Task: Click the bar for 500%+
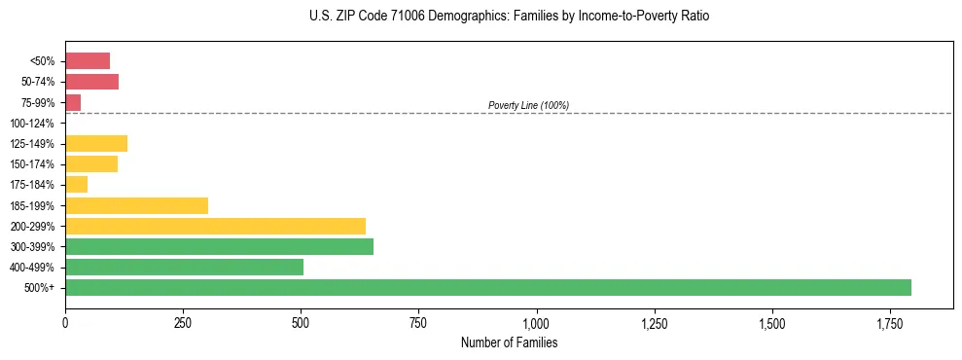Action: tap(487, 288)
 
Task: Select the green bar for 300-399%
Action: tap(219, 247)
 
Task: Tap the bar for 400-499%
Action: tap(184, 268)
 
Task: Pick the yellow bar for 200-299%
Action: tap(215, 227)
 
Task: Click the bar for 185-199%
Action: tap(136, 206)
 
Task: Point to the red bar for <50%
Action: tap(88, 61)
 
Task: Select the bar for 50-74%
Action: tap(91, 82)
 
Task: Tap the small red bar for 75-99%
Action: tap(73, 102)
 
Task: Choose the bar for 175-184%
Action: tap(76, 185)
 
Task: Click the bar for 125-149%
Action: tap(96, 144)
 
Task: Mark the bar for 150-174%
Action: tap(91, 164)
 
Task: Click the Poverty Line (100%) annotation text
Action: tap(528, 105)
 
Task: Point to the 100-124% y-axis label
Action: tap(31, 124)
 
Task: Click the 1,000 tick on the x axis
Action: tap(536, 322)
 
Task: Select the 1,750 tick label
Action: tap(772, 322)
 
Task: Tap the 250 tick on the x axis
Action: tap(183, 322)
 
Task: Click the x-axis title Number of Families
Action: tap(509, 342)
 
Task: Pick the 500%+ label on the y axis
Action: tap(39, 288)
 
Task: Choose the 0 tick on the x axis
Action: tap(65, 322)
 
